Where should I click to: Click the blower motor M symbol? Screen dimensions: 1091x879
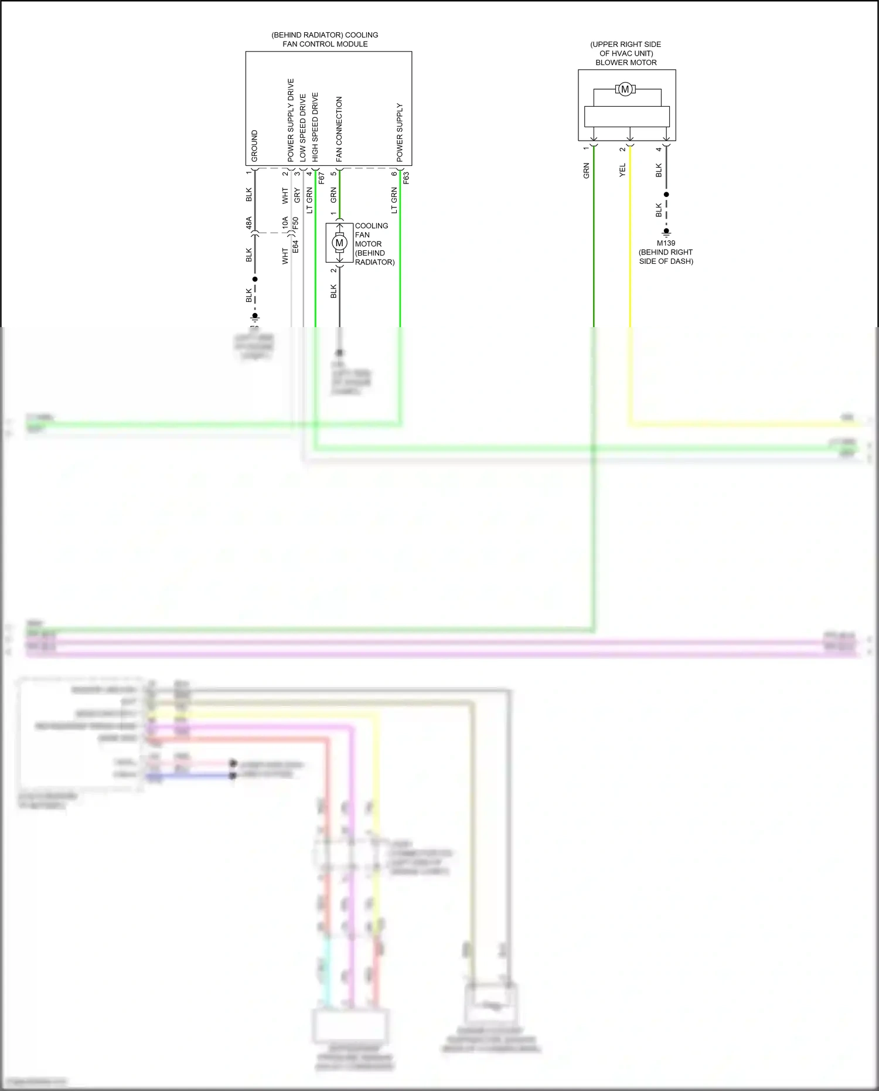tap(625, 90)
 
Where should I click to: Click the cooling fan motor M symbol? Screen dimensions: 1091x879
tap(339, 243)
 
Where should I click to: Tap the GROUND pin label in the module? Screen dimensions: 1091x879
tap(254, 146)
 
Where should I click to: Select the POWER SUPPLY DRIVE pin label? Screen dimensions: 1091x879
tap(291, 120)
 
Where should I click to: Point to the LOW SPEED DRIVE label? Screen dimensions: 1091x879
tap(303, 128)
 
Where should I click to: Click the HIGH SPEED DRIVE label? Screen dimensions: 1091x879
tap(315, 127)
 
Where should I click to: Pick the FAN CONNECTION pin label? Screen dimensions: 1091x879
tap(339, 129)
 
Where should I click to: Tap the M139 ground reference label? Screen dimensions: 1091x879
tap(666, 243)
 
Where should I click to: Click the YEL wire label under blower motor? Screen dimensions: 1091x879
tap(622, 171)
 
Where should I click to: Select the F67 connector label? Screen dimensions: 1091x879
tap(321, 178)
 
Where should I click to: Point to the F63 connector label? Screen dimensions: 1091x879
tap(406, 178)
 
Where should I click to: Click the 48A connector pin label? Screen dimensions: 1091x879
tap(249, 223)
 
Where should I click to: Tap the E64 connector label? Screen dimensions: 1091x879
tap(296, 247)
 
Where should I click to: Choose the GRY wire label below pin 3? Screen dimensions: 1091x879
tap(297, 195)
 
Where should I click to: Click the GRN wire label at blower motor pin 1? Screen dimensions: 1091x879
tap(586, 171)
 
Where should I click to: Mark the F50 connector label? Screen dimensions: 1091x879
tap(296, 223)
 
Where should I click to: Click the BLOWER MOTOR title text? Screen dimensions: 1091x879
tap(626, 63)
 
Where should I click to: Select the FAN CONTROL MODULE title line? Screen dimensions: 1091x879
tap(325, 44)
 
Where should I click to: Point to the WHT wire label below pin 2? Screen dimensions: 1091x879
tap(285, 195)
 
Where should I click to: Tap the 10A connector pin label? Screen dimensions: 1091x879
tap(285, 223)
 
